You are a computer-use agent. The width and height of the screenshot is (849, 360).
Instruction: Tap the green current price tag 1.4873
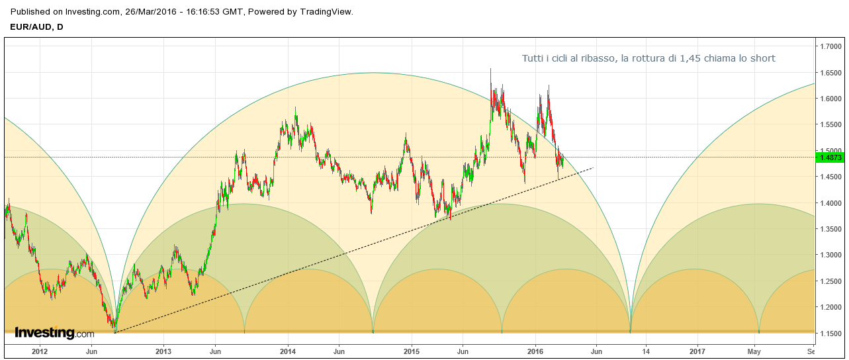coord(830,157)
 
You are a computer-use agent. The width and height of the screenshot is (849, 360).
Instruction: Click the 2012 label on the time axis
coord(40,351)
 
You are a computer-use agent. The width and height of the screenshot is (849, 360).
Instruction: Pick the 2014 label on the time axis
coord(287,351)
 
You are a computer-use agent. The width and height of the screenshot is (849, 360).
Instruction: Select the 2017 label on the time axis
coord(697,351)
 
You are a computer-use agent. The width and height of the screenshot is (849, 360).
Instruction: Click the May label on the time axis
coord(754,351)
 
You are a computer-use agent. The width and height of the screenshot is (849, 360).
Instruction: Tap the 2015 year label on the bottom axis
coord(412,351)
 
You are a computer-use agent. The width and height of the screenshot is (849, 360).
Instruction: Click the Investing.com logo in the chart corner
coord(54,333)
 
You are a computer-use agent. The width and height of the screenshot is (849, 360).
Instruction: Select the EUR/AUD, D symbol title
coord(37,26)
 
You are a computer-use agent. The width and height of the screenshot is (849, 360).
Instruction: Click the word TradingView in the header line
coord(327,12)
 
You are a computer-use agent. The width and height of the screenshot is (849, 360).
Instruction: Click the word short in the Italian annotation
coord(762,59)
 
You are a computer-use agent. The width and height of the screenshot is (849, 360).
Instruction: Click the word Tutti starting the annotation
coord(533,59)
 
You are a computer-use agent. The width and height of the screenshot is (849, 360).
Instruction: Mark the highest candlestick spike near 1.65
coord(490,69)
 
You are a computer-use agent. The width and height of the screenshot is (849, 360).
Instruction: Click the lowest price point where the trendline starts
coord(114,331)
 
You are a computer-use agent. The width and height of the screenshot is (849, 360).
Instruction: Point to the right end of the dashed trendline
coord(593,167)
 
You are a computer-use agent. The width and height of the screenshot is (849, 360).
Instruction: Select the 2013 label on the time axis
coord(163,351)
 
